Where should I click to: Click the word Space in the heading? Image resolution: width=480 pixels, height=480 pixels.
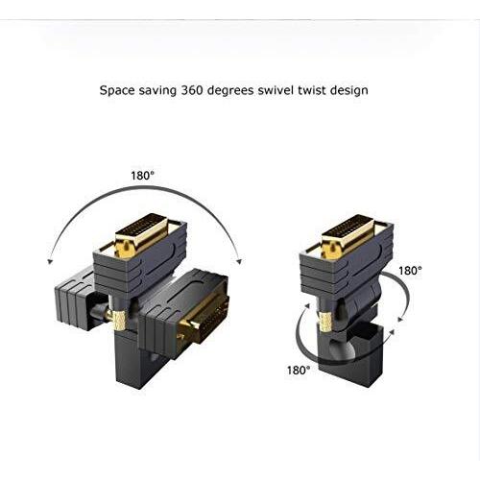(x=117, y=90)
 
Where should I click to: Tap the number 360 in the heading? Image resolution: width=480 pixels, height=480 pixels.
(x=192, y=90)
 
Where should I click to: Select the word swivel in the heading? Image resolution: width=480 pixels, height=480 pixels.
(x=276, y=90)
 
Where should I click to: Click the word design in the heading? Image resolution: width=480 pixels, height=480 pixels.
(x=349, y=90)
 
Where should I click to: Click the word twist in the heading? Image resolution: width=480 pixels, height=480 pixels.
(x=312, y=90)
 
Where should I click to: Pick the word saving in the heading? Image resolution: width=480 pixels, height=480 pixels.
(x=157, y=91)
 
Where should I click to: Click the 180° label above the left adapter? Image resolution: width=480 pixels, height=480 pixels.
(x=142, y=176)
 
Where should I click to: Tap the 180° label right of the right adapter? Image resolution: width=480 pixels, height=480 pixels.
(x=410, y=271)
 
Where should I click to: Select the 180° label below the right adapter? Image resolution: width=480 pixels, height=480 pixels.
(x=299, y=371)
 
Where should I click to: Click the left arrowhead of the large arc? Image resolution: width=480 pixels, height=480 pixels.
(x=49, y=262)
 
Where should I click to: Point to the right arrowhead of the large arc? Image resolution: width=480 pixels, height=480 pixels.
(x=238, y=261)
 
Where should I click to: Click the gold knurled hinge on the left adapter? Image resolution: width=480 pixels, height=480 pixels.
(x=119, y=320)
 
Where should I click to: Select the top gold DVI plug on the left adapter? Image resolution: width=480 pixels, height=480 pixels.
(x=142, y=236)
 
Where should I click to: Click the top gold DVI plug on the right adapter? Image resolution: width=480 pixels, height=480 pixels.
(x=348, y=237)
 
